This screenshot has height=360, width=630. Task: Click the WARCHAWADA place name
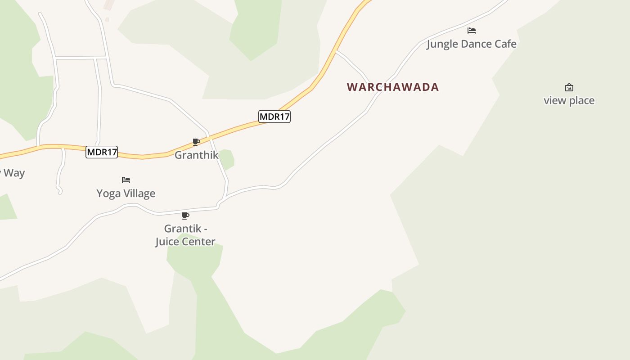coord(393,87)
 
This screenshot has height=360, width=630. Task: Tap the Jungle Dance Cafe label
coord(471,44)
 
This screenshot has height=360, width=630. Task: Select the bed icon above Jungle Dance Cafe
coord(471,31)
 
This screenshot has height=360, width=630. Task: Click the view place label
coord(569,100)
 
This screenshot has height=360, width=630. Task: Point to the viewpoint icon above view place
coord(569,87)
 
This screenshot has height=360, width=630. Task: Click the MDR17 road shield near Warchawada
coord(274,117)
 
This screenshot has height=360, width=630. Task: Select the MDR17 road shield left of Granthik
coord(102,152)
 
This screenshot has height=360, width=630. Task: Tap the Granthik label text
coord(196,155)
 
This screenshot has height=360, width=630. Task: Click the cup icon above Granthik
coord(196,142)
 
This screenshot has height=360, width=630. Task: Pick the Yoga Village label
coord(126,193)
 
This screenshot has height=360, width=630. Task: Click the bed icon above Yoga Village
coord(126,180)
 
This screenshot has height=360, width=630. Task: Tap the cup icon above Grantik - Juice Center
coord(185,216)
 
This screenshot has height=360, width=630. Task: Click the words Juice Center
coord(185,242)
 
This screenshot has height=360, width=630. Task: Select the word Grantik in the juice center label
coord(182,229)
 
